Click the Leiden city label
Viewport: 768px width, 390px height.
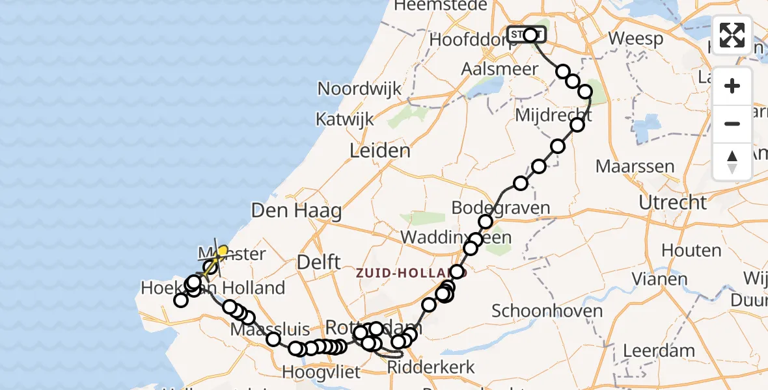click(380, 151)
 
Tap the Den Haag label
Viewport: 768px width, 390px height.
click(296, 211)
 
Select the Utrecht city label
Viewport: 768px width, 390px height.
click(672, 202)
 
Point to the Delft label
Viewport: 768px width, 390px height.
click(318, 262)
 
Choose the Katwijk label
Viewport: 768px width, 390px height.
click(345, 120)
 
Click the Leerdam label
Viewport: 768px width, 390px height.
click(659, 351)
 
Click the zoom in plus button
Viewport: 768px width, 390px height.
click(732, 86)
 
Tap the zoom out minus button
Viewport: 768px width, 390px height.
click(732, 123)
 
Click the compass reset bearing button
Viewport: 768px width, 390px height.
click(732, 162)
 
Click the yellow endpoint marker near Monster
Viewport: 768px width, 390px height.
click(223, 250)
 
